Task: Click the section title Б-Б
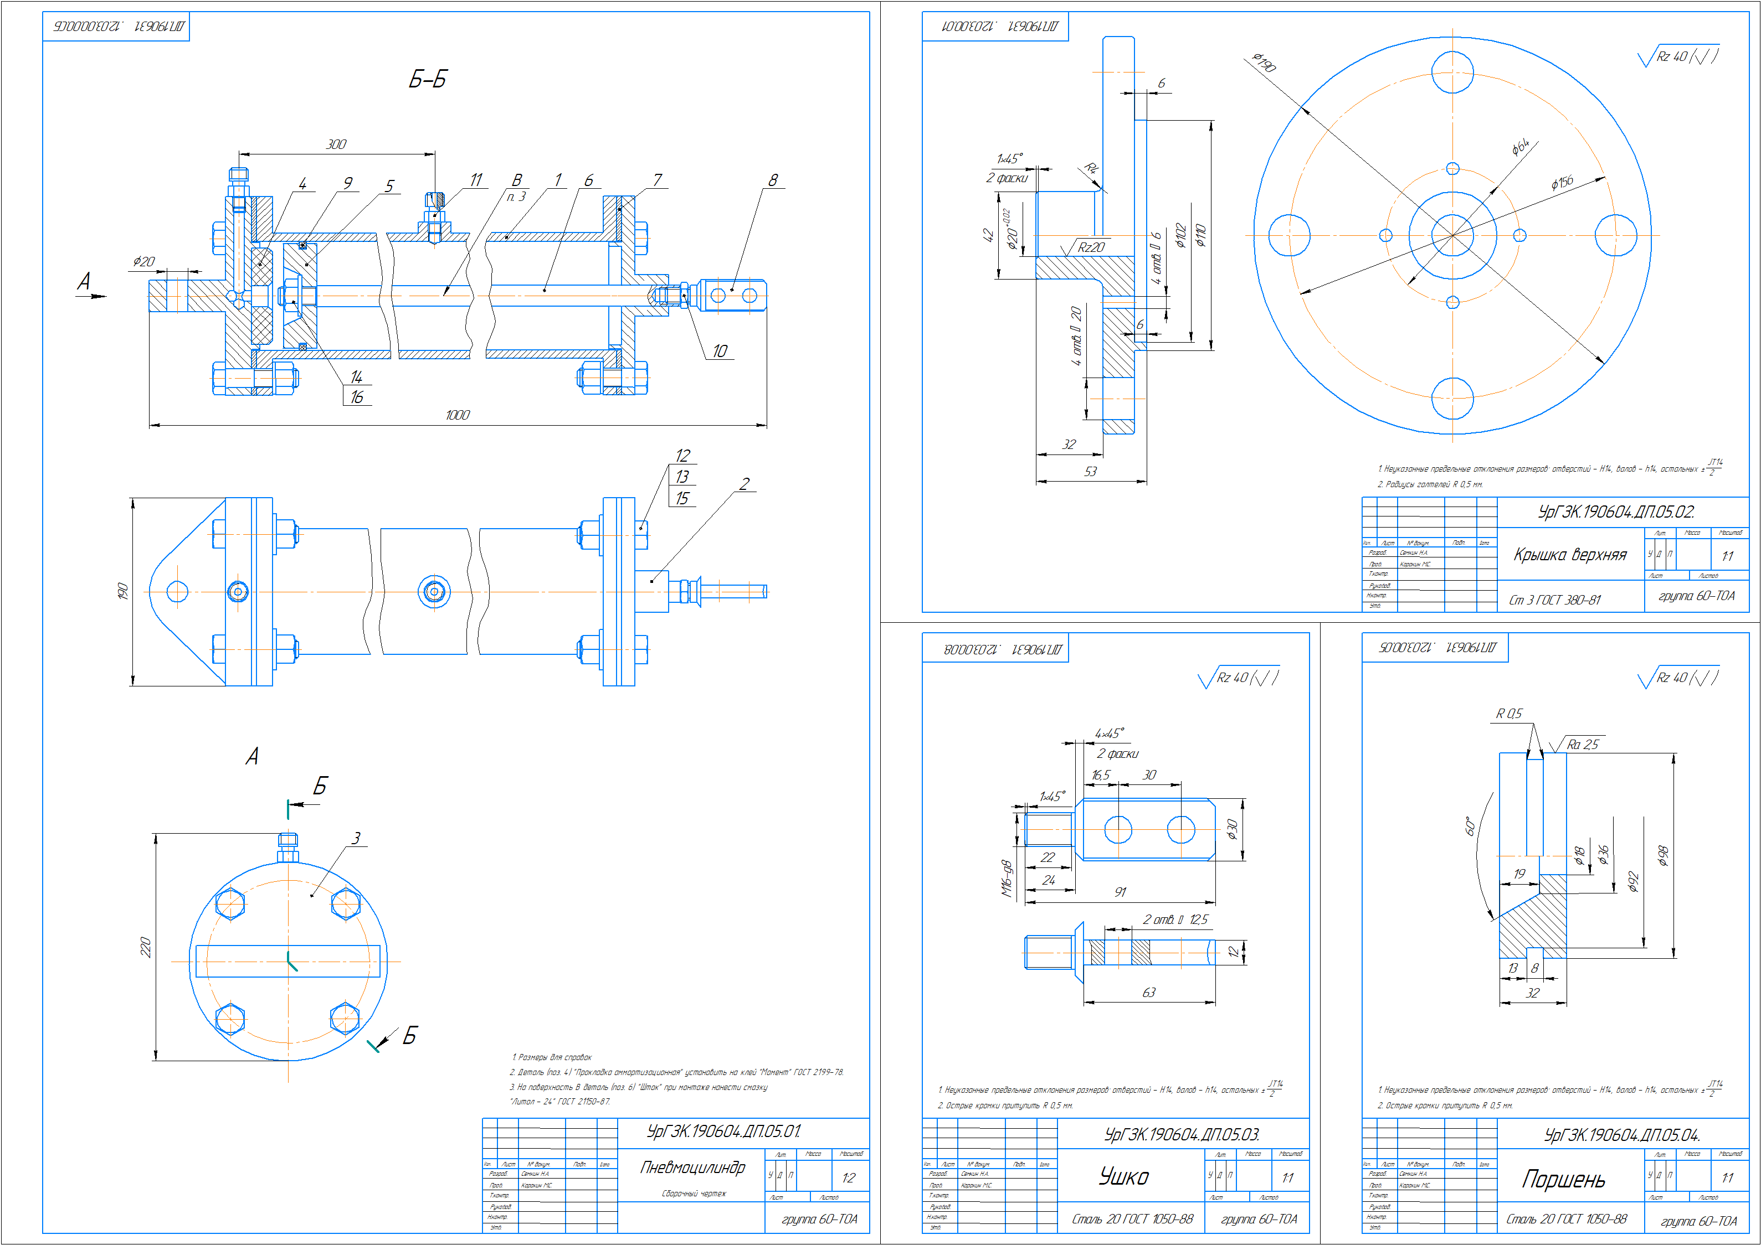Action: [427, 80]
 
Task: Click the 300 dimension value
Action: [336, 144]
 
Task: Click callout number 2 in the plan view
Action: [744, 484]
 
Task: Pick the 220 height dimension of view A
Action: [145, 947]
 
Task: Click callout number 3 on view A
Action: [355, 838]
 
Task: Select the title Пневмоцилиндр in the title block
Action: [692, 1167]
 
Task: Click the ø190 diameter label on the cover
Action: [1264, 63]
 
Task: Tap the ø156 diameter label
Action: [1562, 183]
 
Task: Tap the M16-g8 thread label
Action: [1007, 879]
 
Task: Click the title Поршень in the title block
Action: [1563, 1179]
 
